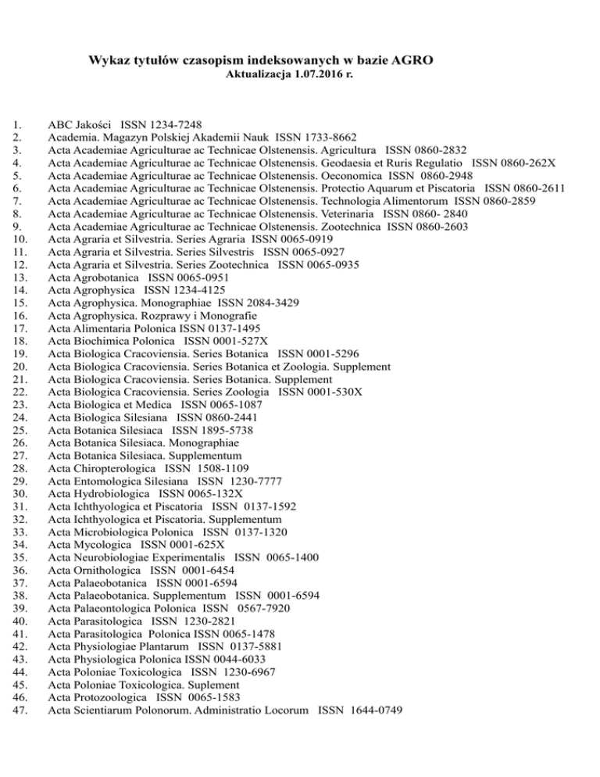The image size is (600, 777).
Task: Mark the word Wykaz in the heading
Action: coord(109,60)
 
